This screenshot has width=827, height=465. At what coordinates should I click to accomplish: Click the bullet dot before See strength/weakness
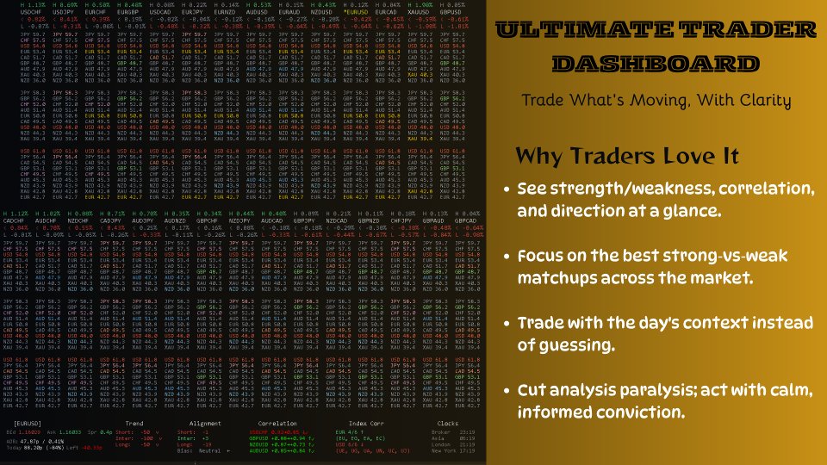click(x=509, y=189)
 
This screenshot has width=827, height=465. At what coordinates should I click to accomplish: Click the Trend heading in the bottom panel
click(x=134, y=423)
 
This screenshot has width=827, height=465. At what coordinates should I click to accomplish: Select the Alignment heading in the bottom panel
click(x=204, y=423)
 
